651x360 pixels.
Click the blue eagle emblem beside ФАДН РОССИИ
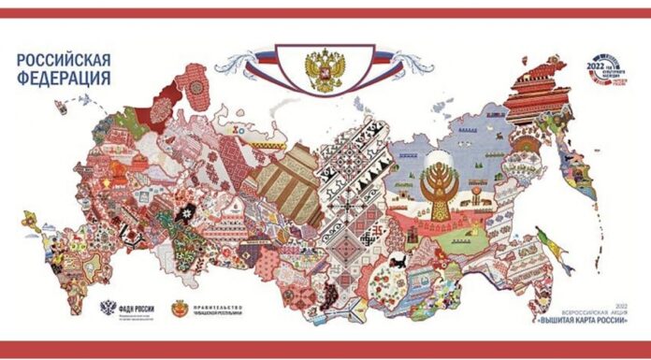click(108, 309)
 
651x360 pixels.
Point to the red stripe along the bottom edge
click(325, 349)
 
